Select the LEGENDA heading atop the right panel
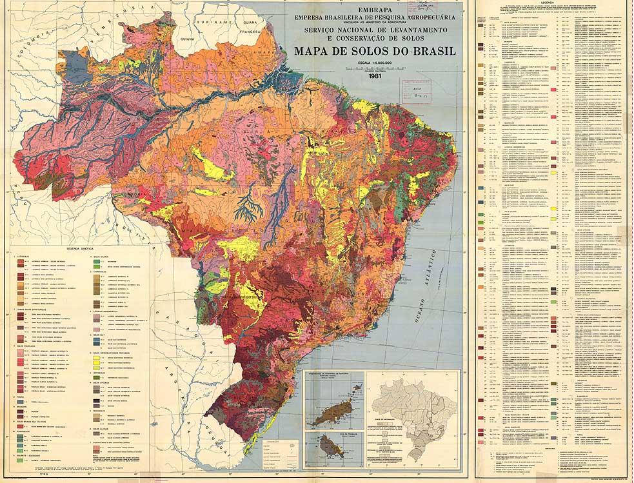click(553, 3)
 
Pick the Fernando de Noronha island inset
click(335, 400)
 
